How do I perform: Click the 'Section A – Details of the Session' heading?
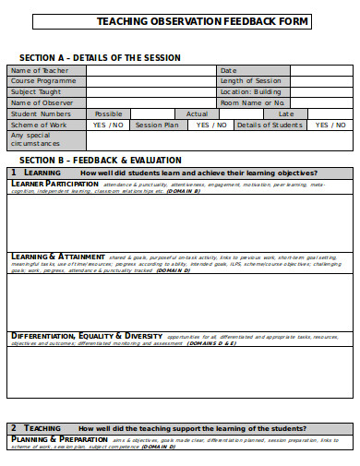100,57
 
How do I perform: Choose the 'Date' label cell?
229,70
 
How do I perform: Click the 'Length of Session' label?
251,81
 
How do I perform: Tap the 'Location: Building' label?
252,92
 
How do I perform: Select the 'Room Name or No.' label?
252,102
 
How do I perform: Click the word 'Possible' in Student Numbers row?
108,114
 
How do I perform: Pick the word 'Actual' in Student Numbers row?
198,114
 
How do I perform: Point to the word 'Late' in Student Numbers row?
286,114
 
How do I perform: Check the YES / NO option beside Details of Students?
330,125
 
